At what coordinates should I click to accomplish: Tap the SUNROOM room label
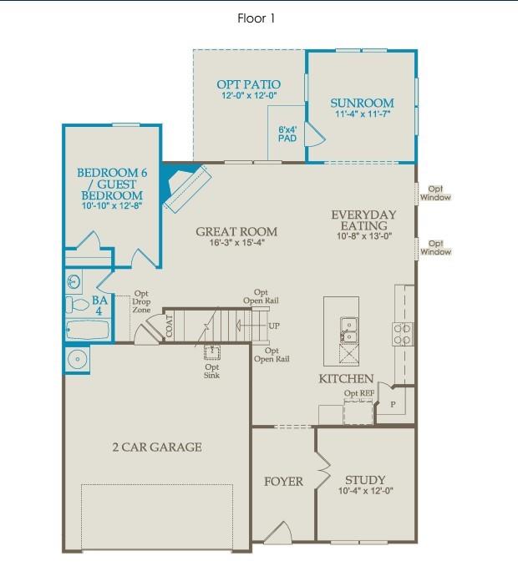point(362,104)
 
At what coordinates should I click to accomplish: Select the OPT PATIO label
point(248,84)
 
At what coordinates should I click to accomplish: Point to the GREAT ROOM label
point(236,232)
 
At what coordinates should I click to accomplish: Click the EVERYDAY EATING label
point(363,220)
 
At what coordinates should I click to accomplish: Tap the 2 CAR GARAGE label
point(157,447)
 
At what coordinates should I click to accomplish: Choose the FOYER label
point(283,481)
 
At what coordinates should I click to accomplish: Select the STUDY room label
point(365,480)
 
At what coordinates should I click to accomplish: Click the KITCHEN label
point(346,379)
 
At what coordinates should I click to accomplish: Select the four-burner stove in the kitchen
point(402,334)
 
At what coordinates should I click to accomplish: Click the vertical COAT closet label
point(170,324)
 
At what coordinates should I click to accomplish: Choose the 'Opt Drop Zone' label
point(140,303)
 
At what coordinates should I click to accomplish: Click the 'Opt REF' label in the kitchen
point(358,393)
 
